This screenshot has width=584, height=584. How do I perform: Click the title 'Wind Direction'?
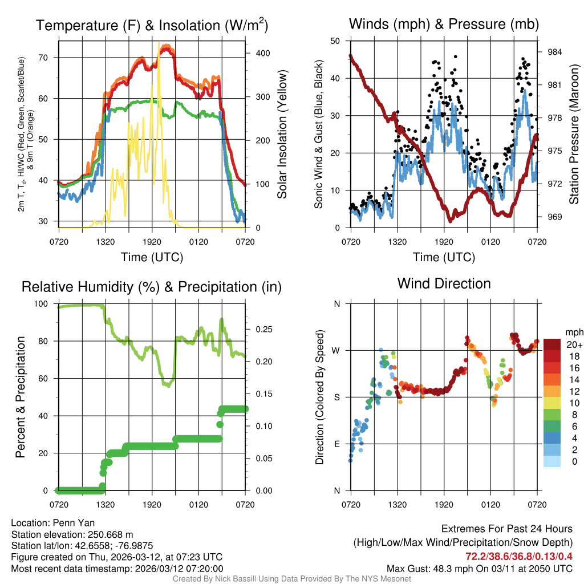tap(444, 283)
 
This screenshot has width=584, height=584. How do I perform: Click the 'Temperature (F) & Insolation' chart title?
tap(152, 26)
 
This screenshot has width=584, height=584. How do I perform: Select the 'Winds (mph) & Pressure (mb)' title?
tap(444, 24)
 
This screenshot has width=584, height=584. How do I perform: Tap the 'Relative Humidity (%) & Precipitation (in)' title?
tap(152, 287)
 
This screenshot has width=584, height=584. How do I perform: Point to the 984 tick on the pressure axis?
tap(554, 52)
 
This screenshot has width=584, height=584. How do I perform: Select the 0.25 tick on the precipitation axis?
tap(264, 330)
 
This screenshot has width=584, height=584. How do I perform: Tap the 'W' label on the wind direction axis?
tap(336, 350)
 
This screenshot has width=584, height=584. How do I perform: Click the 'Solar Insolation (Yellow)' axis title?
tap(282, 134)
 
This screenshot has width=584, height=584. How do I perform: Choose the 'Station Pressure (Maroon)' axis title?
tap(574, 134)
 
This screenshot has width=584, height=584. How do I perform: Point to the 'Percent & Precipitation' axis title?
tap(20, 397)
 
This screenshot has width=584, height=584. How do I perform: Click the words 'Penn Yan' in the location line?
tap(79, 523)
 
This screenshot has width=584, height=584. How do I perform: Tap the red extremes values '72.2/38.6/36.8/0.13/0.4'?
tap(519, 555)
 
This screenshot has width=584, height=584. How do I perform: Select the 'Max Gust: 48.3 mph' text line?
tap(479, 568)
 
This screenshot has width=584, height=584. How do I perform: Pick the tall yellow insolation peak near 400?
tap(159, 46)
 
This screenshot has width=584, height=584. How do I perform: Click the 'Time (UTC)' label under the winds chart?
tap(444, 257)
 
